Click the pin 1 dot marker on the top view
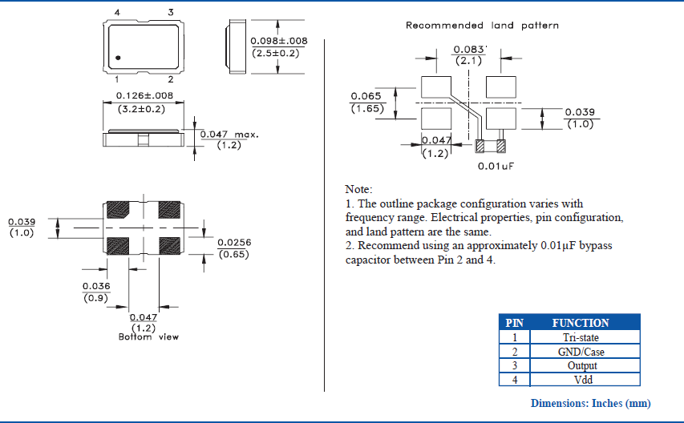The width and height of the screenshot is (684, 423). point(117,58)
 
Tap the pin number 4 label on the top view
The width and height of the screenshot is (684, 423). point(117,12)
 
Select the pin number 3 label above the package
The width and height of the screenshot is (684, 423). point(170,12)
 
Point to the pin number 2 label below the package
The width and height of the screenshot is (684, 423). point(170,79)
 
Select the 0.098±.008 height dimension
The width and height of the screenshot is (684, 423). point(278,41)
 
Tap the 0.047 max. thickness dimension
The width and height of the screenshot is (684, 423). point(229,135)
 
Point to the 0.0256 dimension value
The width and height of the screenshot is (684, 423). point(234,242)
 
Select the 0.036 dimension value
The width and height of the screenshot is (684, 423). point(96,286)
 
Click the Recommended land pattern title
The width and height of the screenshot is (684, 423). point(482,26)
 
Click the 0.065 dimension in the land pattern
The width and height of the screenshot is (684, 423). point(366,96)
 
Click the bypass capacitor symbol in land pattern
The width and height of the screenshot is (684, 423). point(490,147)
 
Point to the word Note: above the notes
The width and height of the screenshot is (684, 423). point(358,189)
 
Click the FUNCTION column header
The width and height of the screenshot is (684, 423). point(581,323)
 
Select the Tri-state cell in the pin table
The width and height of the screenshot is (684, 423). point(581,337)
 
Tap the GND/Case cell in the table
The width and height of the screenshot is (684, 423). point(581,352)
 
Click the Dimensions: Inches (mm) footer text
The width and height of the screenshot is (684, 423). point(590,403)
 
